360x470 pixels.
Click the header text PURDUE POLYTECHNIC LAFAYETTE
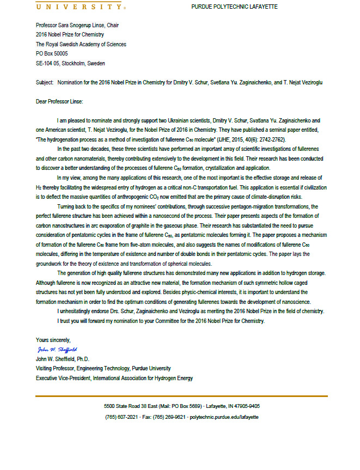coord(234,7)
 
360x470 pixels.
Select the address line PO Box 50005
coord(52,54)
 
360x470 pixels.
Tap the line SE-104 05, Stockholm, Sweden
coord(70,63)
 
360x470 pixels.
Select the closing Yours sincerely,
coord(53,340)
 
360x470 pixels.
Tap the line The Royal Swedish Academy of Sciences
coord(81,44)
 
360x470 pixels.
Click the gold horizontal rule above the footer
coord(181,396)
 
